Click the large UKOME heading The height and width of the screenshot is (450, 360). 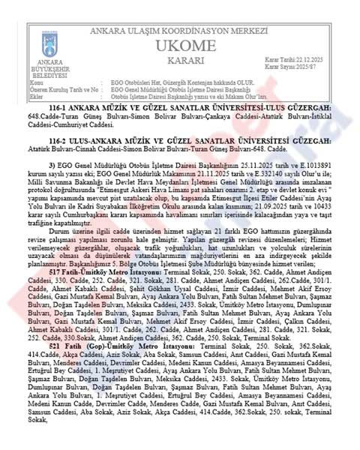point(180,46)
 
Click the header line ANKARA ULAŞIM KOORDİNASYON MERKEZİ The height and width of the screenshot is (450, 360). point(180,31)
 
